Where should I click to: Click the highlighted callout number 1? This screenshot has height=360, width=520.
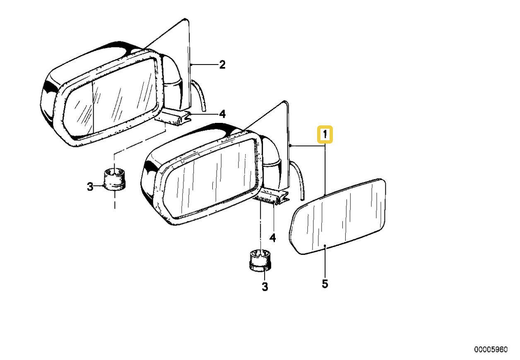click(325, 134)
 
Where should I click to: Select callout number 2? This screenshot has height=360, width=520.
click(222, 65)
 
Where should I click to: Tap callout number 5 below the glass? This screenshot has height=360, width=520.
click(325, 284)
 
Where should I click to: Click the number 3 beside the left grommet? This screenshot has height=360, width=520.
click(90, 187)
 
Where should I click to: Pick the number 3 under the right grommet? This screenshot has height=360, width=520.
click(265, 286)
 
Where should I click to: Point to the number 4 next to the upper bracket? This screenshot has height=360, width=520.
click(222, 114)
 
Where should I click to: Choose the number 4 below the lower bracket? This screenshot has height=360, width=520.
click(272, 238)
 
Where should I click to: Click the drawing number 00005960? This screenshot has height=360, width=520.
click(491, 349)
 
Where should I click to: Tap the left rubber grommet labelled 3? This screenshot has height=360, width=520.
click(114, 179)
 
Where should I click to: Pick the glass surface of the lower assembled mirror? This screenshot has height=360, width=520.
click(211, 178)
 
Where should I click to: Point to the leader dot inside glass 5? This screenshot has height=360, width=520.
click(325, 245)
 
